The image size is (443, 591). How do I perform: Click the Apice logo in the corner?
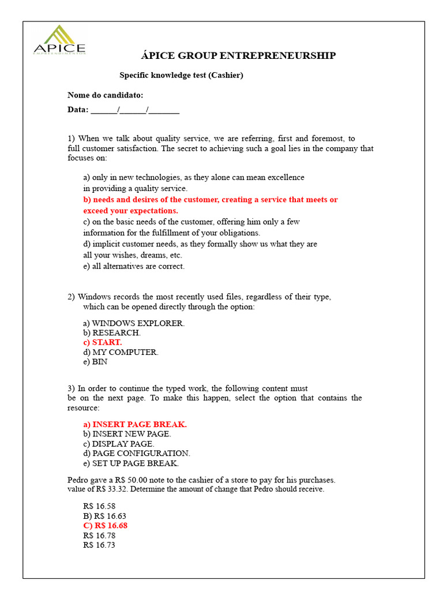(59, 40)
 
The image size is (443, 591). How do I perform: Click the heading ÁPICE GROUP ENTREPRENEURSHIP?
(238, 55)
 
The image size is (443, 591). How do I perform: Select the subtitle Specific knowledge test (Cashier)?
(181, 75)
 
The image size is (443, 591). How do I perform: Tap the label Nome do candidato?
(106, 95)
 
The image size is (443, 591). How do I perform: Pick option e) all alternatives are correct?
(134, 266)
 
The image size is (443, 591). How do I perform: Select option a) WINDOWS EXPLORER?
(134, 323)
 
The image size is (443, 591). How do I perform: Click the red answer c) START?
(103, 342)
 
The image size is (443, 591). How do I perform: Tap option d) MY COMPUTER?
(121, 352)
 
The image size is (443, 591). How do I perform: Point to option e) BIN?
(95, 362)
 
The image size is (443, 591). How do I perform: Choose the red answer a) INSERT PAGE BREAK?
(135, 424)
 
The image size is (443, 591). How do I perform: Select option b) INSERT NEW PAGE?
(127, 434)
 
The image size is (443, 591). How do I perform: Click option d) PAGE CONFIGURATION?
(137, 454)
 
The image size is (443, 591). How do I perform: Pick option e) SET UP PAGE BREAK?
(131, 463)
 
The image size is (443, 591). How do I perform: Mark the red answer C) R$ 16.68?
(106, 525)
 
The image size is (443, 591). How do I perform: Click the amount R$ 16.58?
(99, 506)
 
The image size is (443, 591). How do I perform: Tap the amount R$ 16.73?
(99, 545)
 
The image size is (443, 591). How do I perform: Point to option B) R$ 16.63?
(104, 515)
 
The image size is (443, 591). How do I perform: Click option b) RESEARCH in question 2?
(112, 333)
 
